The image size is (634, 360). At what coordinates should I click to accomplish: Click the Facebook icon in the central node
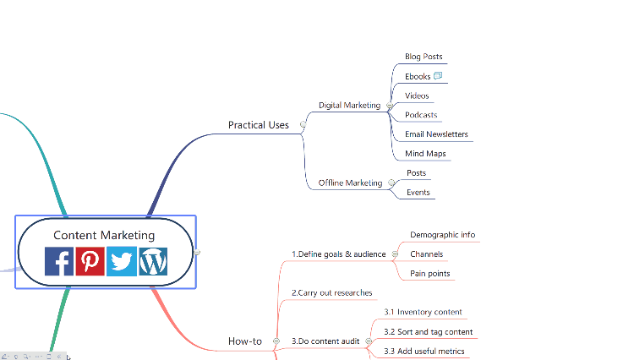pos(59,261)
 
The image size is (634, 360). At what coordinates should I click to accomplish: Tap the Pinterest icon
pos(90,261)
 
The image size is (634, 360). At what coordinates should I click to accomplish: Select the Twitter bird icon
pos(122,261)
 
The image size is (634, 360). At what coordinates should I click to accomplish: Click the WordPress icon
pos(153,261)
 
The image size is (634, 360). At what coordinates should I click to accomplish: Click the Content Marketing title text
pos(104,235)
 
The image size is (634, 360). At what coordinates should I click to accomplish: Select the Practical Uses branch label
pos(258,125)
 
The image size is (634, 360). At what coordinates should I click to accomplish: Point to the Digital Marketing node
pos(349,106)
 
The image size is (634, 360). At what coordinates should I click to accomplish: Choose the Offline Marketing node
pos(350,183)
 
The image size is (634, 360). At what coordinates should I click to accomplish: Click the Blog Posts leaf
pos(424,57)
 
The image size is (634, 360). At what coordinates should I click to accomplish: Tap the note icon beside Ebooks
pos(438,76)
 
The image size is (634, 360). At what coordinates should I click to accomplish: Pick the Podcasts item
pos(421,115)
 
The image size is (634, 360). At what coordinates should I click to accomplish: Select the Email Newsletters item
pos(436,134)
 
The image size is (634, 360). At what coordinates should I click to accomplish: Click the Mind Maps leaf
pos(425,154)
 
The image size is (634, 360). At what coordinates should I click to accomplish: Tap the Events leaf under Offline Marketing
pos(418,193)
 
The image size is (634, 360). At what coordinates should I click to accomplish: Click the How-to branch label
pos(245,341)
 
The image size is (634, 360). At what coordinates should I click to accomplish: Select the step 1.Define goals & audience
pos(338,254)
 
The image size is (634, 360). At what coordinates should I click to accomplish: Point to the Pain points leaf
pos(430,274)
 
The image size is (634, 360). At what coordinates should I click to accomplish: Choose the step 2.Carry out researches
pos(331,293)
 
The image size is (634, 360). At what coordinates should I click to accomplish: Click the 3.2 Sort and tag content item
pos(428,332)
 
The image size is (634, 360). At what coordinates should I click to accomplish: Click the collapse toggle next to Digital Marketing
pos(389,106)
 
